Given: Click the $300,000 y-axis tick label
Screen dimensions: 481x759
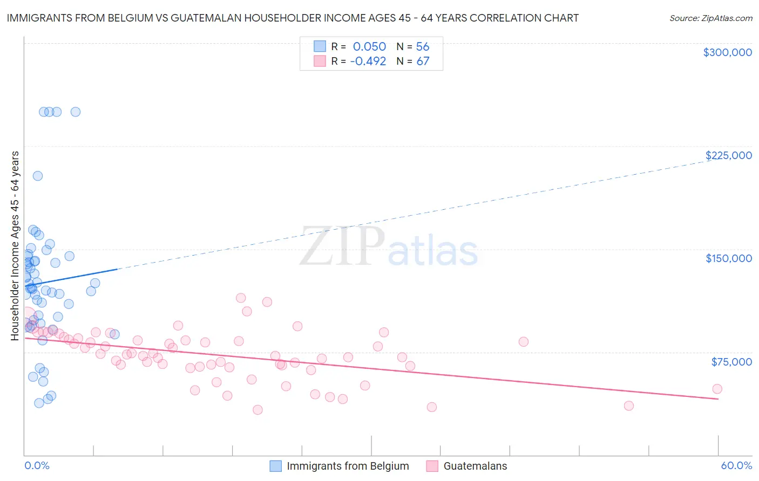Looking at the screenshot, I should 727,52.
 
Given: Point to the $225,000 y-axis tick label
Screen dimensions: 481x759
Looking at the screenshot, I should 728,155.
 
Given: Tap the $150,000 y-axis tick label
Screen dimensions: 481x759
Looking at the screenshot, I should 728,258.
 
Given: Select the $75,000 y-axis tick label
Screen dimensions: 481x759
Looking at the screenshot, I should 731,362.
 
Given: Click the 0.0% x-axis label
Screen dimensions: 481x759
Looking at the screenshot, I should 37,465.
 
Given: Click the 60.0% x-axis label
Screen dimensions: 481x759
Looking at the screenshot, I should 736,465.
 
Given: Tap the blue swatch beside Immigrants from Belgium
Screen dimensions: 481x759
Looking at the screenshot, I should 275,466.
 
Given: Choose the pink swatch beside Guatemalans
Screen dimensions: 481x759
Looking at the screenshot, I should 432,466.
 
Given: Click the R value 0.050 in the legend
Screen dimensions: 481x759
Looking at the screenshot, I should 369,47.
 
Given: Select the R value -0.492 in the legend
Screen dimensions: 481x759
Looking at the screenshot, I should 368,61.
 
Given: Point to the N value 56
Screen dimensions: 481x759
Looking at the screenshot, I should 423,47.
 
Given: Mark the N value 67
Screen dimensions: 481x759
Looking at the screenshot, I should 423,61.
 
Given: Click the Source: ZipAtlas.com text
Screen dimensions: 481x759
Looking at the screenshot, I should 710,18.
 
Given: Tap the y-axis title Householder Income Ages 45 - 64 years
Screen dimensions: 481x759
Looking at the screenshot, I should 15,246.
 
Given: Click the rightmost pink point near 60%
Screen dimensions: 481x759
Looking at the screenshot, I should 717,389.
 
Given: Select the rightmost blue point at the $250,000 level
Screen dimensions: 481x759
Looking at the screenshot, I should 76,112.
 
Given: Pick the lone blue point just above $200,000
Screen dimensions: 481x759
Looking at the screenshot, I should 38,176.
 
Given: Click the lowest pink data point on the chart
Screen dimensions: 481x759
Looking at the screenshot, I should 257,410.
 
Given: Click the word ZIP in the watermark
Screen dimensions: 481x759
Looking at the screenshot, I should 342,247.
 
